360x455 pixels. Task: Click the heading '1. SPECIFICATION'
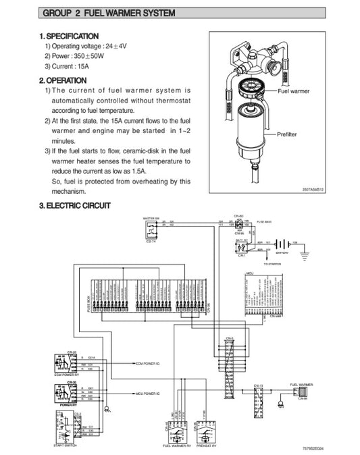(x=69, y=35)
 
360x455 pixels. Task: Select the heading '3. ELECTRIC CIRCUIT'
(x=75, y=205)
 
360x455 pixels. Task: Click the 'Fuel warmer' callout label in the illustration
(x=294, y=90)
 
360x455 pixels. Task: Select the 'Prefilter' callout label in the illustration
(x=288, y=135)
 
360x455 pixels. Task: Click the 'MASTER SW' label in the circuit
(x=151, y=219)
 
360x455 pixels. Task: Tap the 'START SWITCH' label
(x=66, y=446)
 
